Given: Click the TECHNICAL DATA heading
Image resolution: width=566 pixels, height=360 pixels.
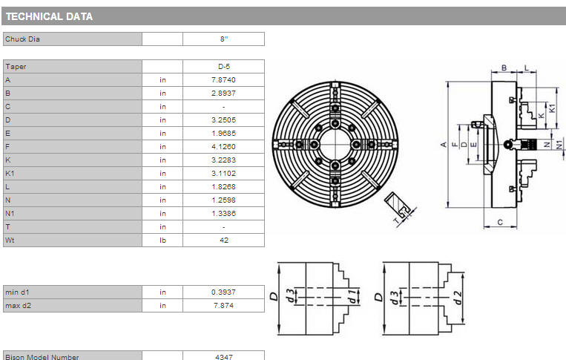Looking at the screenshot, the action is click(50, 16).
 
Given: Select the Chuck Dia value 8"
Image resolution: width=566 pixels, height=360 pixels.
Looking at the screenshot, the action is click(224, 39).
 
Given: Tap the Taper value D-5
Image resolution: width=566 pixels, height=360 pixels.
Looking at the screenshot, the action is click(224, 67).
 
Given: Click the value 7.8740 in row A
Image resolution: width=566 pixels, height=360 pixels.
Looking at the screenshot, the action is click(223, 80).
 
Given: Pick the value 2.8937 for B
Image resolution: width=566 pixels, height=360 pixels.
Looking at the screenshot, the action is click(223, 94).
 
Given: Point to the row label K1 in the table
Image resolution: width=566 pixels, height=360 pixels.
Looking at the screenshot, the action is click(10, 174).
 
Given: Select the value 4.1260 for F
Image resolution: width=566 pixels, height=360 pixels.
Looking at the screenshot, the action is click(223, 147).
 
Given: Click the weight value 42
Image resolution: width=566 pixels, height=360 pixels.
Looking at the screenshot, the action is click(224, 240).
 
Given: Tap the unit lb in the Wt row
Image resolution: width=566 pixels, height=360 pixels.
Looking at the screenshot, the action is click(162, 240).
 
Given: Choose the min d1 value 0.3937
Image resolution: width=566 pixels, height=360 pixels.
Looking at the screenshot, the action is click(223, 292).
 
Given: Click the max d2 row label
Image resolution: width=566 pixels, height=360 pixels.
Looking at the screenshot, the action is click(18, 306).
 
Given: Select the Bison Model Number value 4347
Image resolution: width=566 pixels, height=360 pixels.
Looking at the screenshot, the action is click(224, 357).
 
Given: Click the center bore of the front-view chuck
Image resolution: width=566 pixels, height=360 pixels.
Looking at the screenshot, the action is click(335, 144).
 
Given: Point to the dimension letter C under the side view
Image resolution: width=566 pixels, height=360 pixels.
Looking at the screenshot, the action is click(500, 222).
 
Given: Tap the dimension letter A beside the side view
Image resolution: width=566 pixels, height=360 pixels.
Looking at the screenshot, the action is click(444, 145).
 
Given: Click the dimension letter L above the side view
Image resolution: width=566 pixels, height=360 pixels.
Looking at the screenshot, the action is click(526, 68).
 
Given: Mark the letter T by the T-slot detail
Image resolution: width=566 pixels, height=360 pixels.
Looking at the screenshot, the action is click(397, 220).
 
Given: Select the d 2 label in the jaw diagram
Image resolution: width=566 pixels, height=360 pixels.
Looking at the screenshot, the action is click(458, 298).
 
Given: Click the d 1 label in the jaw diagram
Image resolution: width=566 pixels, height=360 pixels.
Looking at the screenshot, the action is click(352, 296).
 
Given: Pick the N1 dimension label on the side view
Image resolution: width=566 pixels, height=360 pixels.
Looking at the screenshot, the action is click(559, 145).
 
